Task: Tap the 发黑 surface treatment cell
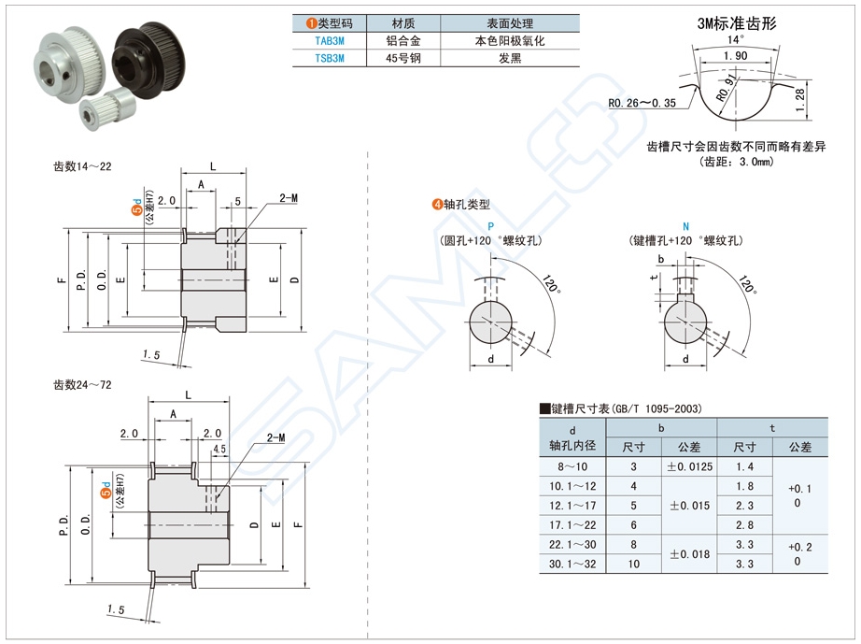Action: tap(509, 58)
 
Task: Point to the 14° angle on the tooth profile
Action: tap(736, 40)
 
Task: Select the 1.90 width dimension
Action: tap(735, 56)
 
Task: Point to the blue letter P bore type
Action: tap(490, 227)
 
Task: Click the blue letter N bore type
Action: tap(685, 227)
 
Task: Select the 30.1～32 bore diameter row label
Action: tap(572, 565)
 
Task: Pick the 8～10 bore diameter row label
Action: tap(572, 466)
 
